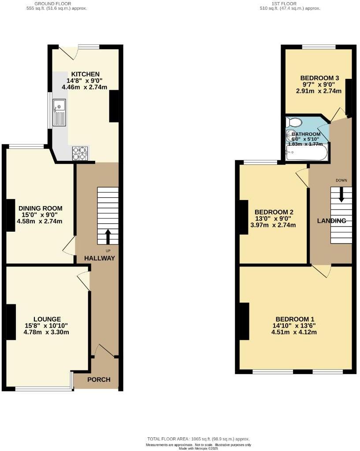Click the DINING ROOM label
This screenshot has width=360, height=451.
coord(40,208)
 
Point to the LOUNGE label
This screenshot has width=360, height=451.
coord(47,319)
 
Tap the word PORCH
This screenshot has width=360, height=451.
coord(99,380)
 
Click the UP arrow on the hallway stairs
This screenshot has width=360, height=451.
coord(108,236)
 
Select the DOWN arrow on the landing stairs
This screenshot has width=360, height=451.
coord(341,195)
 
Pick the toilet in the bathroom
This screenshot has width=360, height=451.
coord(293,122)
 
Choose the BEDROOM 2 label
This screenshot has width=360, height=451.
coord(274,212)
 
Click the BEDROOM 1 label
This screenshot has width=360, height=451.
coord(295,319)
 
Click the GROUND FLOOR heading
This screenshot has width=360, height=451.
coord(49,3)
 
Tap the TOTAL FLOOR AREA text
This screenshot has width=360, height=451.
coord(198,439)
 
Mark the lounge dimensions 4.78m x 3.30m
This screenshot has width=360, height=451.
coord(47,333)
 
